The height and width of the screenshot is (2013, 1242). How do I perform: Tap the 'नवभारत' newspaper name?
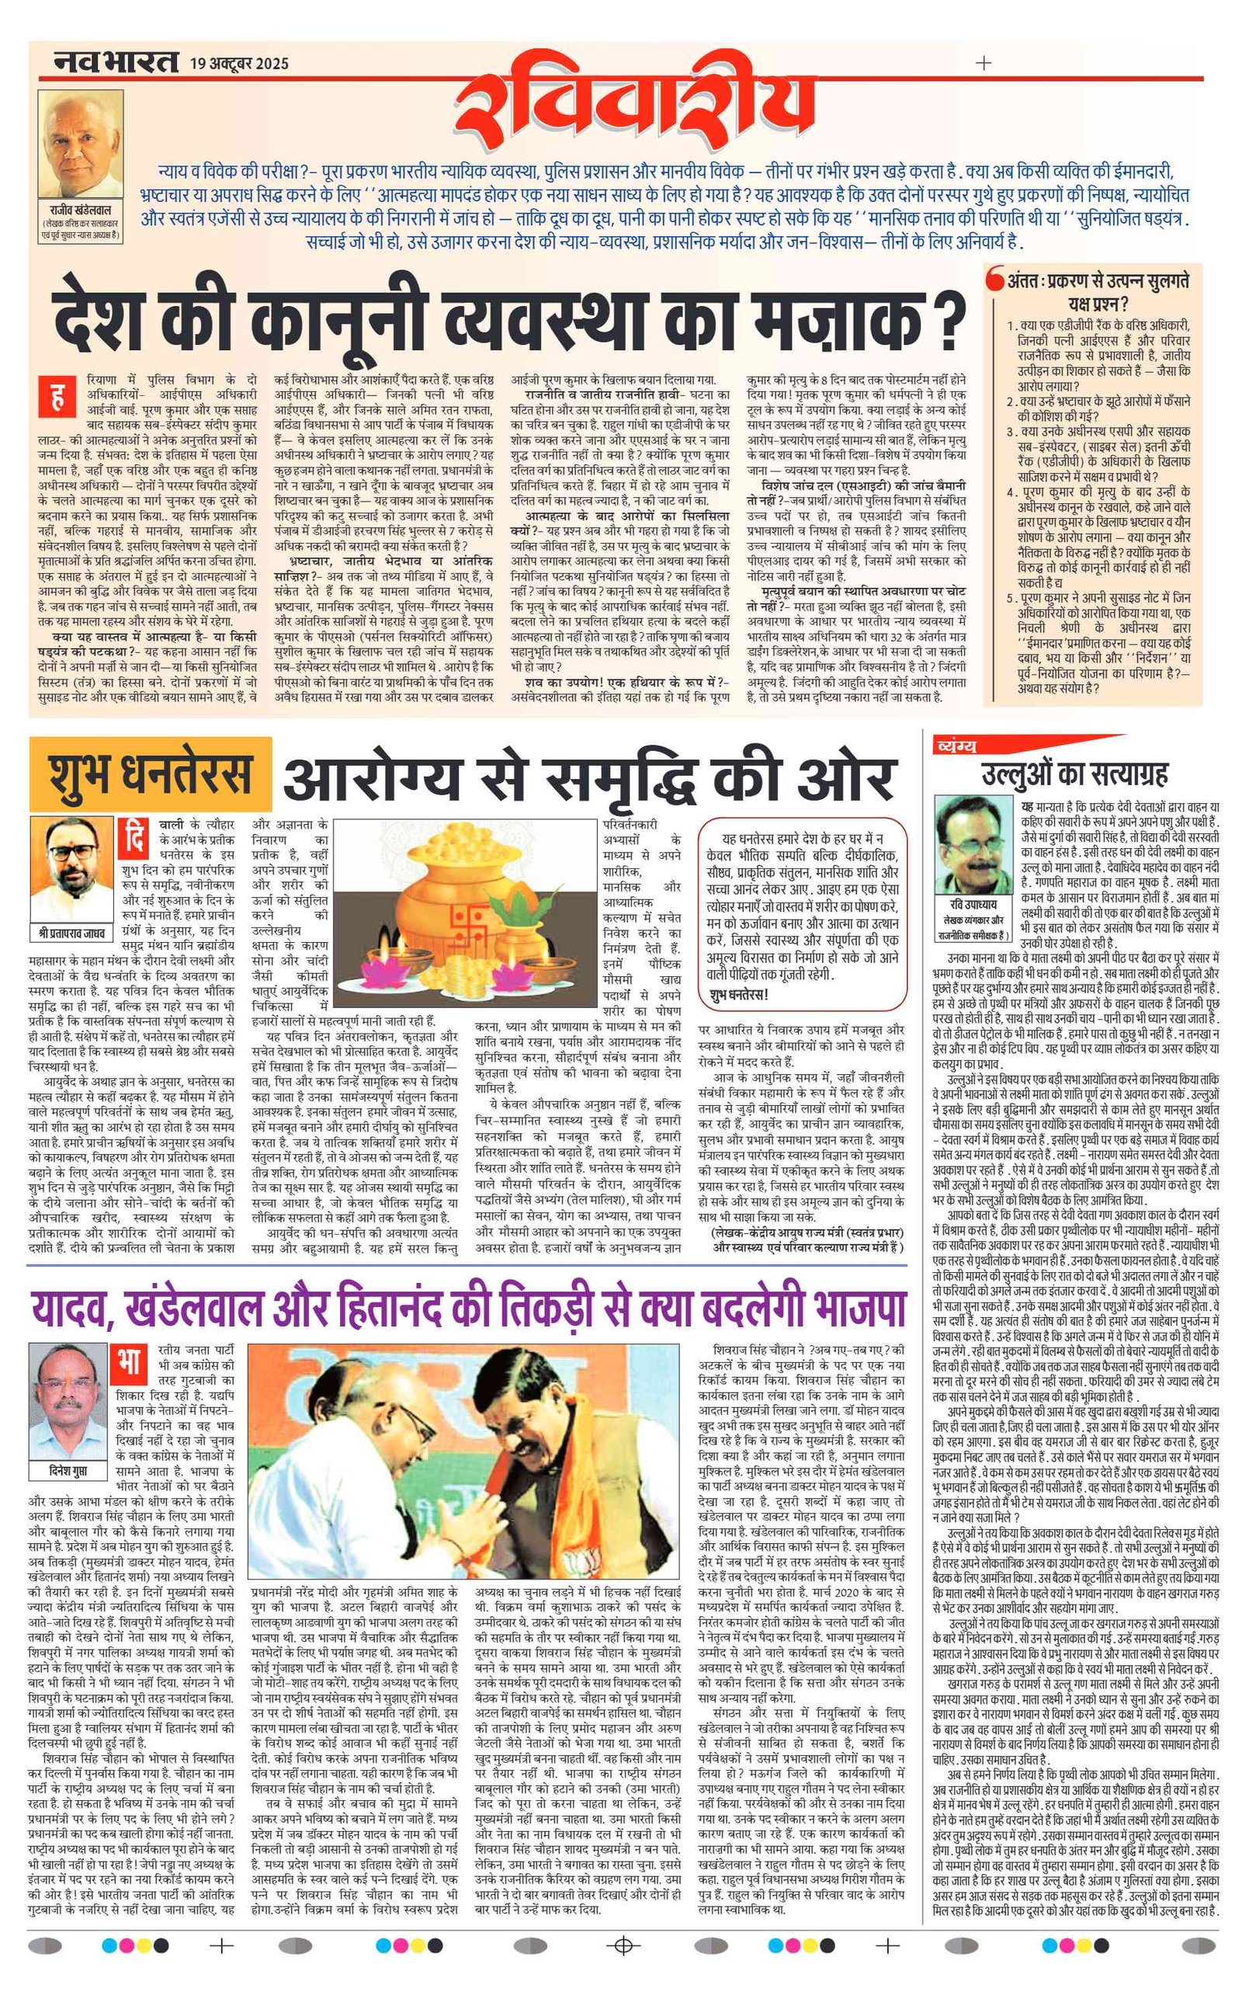[x=115, y=61]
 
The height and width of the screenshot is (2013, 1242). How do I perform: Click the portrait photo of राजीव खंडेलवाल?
[x=81, y=154]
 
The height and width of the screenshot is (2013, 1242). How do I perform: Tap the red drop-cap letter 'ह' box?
[x=57, y=400]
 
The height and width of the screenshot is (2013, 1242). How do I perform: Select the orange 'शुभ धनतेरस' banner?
[x=151, y=774]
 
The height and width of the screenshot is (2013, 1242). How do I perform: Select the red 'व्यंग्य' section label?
[x=956, y=746]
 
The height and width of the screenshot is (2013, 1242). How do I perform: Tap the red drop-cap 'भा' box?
[x=129, y=1365]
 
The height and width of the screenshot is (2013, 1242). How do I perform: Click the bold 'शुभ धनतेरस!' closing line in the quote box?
[x=739, y=995]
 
